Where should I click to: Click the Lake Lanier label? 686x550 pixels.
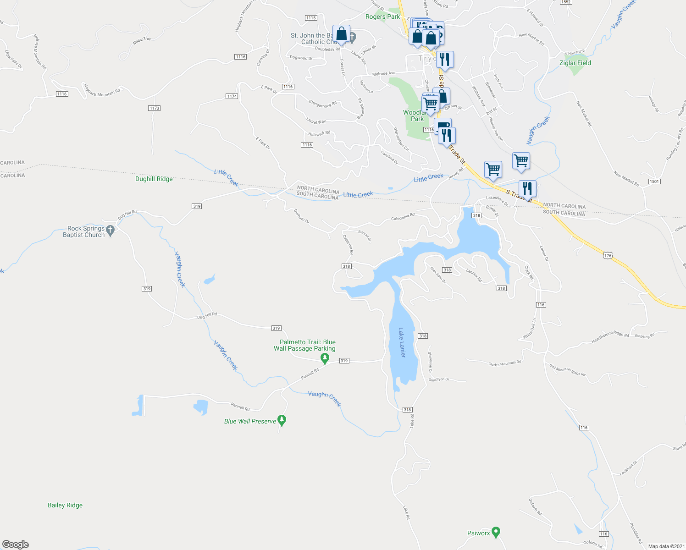click(x=402, y=342)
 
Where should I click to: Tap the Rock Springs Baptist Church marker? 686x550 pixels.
click(x=110, y=231)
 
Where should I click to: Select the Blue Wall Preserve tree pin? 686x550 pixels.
click(x=282, y=420)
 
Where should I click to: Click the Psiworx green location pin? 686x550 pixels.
click(x=496, y=532)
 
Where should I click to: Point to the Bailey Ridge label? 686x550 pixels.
click(x=65, y=505)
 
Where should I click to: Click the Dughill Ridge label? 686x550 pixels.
click(x=154, y=179)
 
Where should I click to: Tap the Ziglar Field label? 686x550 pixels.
click(x=575, y=63)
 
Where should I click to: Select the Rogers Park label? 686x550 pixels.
click(x=382, y=16)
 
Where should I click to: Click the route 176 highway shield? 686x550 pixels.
click(x=608, y=255)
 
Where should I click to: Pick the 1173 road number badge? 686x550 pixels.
click(x=154, y=108)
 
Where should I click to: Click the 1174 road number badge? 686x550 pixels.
click(x=232, y=96)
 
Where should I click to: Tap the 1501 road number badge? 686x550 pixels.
click(x=654, y=181)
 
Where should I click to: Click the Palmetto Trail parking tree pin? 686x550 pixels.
click(x=325, y=358)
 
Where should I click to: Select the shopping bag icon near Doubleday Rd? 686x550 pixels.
click(x=341, y=34)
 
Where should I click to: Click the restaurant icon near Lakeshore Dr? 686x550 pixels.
click(x=527, y=188)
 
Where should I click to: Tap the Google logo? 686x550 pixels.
click(x=16, y=544)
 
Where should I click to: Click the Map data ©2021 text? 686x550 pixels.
click(x=666, y=546)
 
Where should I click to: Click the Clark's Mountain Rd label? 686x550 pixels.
click(x=504, y=363)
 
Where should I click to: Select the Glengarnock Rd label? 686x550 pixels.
click(x=323, y=104)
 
